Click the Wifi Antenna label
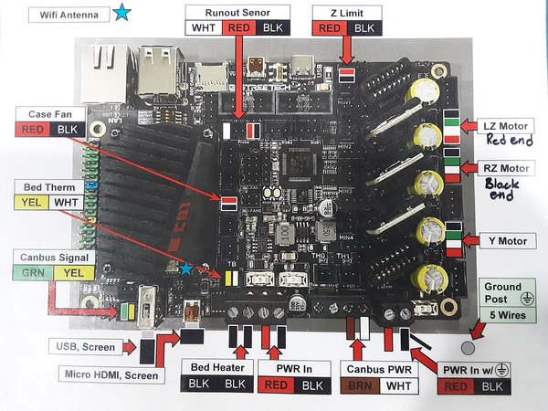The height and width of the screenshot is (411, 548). click(66, 14)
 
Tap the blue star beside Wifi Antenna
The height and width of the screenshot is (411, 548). click(122, 13)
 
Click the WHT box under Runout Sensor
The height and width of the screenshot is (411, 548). click(203, 28)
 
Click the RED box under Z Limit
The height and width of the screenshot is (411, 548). click(330, 28)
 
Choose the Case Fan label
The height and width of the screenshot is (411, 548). click(51, 114)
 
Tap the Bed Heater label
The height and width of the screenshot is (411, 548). click(214, 367)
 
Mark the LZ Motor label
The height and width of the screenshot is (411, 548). click(508, 125)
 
